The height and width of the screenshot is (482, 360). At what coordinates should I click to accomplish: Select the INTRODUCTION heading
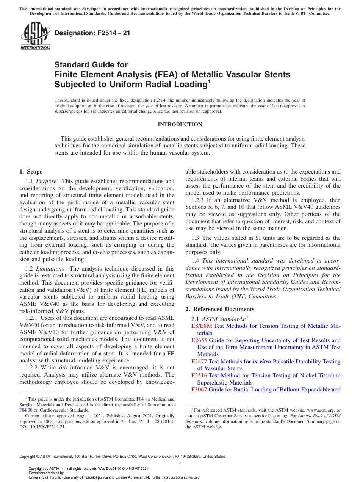click(x=180, y=124)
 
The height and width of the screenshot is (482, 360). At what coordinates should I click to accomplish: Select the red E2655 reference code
click(x=199, y=340)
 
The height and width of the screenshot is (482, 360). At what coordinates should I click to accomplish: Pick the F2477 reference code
click(x=199, y=361)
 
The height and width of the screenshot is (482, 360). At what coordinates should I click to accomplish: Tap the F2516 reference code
click(x=199, y=376)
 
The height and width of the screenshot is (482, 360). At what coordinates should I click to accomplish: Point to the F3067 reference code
click(x=199, y=390)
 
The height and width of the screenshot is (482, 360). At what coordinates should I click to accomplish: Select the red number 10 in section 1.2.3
click(x=241, y=207)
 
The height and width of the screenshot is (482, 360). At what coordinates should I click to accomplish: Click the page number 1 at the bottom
click(x=180, y=465)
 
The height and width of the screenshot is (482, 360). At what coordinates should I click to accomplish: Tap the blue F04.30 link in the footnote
click(x=26, y=410)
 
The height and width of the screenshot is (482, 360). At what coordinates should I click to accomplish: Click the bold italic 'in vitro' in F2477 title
click(x=262, y=361)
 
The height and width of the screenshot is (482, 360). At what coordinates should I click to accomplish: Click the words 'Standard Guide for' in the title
click(x=91, y=65)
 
